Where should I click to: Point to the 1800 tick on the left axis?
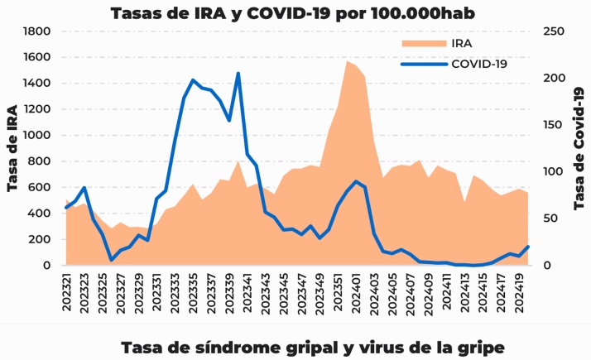coord(38,31)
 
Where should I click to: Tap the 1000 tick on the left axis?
coord(38,135)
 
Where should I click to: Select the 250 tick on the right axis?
coord(553,31)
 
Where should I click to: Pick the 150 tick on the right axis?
coord(553,125)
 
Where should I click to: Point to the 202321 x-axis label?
coord(67,293)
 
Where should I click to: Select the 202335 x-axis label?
coord(193,293)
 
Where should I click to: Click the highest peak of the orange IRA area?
coord(347,61)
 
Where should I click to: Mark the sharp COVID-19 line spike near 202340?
coord(238,74)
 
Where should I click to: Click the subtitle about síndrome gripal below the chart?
coord(312,345)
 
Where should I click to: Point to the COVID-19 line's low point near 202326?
coord(112,260)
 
